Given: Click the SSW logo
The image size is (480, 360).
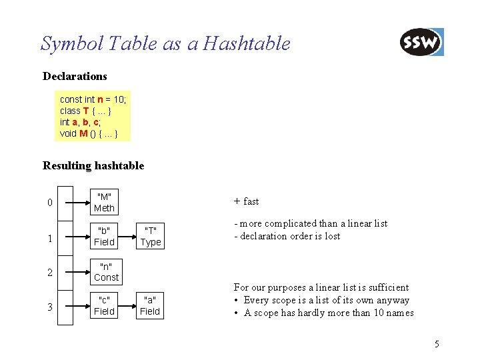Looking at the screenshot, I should (421, 43).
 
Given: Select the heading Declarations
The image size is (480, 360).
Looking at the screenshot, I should (75, 77).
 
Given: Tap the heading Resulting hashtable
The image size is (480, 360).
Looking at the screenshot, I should (93, 165).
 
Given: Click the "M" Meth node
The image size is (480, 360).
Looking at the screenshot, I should (105, 202).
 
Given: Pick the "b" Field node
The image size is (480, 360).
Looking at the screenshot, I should (105, 236).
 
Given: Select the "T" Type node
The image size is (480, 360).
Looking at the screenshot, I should (150, 236).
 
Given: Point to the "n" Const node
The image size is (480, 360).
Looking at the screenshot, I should (106, 271).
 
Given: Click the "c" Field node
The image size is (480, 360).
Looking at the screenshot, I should (104, 305).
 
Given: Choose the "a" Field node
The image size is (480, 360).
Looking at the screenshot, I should (150, 305).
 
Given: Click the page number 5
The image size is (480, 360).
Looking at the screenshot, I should (437, 345).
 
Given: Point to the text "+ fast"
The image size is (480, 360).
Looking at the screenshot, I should (247, 201).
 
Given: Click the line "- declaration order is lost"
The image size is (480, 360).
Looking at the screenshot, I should (287, 236).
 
